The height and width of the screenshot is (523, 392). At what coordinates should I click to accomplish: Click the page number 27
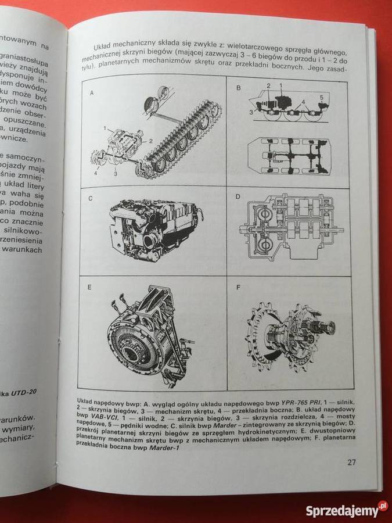tap(351, 463)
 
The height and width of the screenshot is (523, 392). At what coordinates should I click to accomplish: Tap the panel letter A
tap(91, 93)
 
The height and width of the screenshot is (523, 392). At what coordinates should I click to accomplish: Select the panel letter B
tap(238, 88)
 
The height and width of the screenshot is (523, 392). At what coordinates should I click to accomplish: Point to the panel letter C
tap(91, 198)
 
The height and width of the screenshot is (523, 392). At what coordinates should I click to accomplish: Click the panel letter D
tap(238, 196)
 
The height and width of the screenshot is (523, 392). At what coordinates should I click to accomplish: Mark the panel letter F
tap(237, 286)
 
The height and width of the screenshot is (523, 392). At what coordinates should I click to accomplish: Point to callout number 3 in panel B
tap(251, 110)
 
